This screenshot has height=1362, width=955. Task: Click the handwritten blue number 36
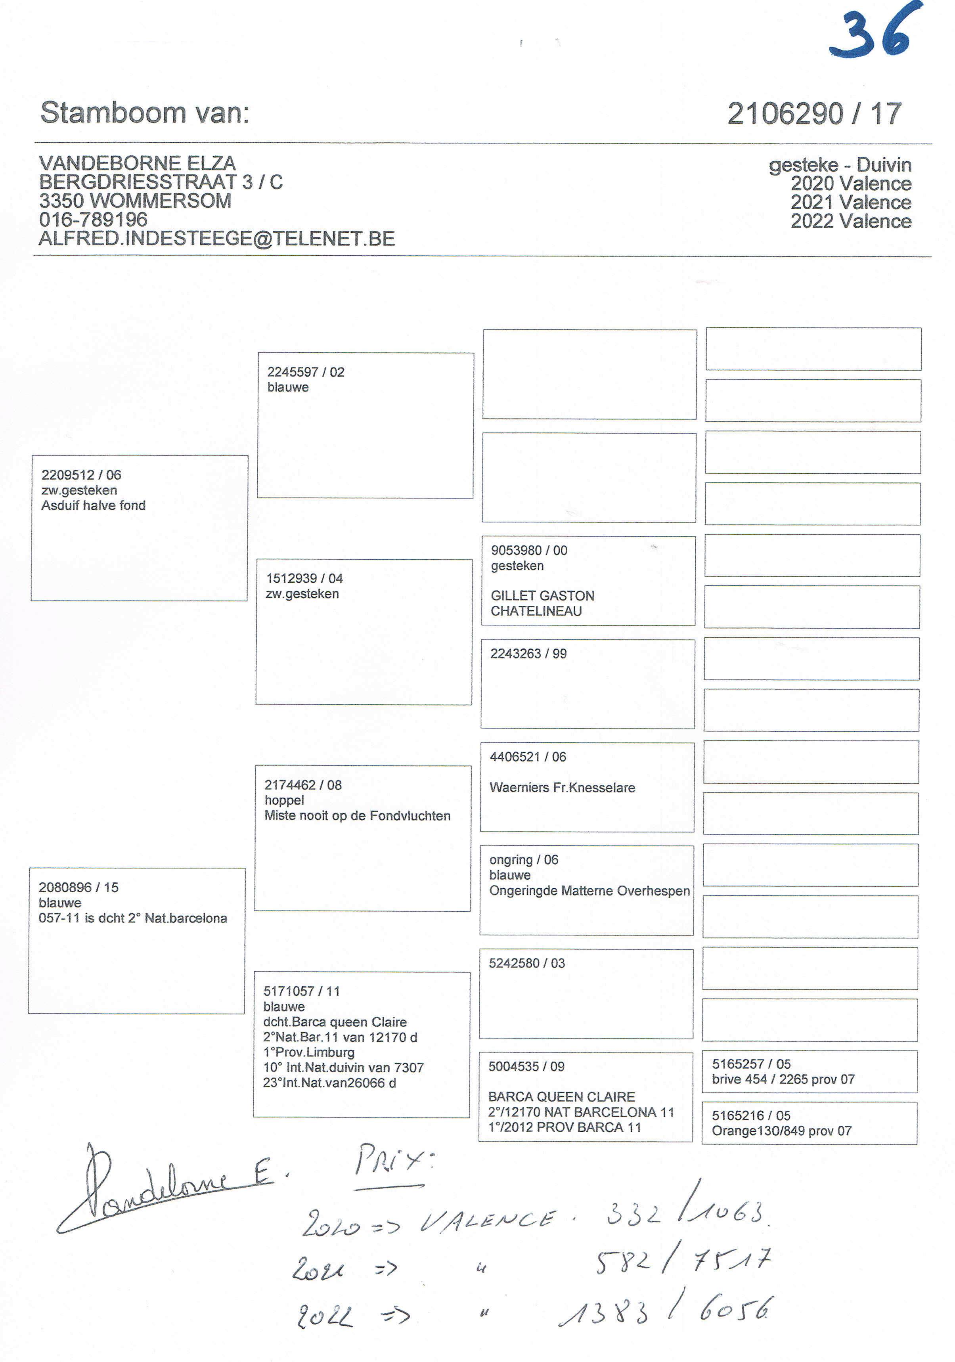(x=877, y=31)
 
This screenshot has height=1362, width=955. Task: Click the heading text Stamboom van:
(x=145, y=112)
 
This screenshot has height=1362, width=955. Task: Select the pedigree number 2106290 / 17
(x=814, y=113)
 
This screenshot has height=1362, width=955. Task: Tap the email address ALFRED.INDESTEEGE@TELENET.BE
(x=216, y=239)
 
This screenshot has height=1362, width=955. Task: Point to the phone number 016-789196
(x=93, y=220)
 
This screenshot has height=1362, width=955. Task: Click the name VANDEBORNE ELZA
(x=137, y=163)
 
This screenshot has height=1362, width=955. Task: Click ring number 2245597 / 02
(x=306, y=372)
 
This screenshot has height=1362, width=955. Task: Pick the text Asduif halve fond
(x=93, y=505)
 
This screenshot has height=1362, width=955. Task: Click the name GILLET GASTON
(x=542, y=596)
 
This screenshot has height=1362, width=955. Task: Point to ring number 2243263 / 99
(x=528, y=654)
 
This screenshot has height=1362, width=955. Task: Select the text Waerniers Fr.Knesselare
(x=562, y=788)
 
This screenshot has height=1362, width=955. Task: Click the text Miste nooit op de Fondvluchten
(x=357, y=816)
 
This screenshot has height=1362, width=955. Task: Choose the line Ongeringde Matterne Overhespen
(x=589, y=891)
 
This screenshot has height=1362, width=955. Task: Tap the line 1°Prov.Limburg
(x=308, y=1052)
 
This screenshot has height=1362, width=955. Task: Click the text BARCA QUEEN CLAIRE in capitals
(x=561, y=1097)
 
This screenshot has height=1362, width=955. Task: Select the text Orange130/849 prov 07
(x=781, y=1131)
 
